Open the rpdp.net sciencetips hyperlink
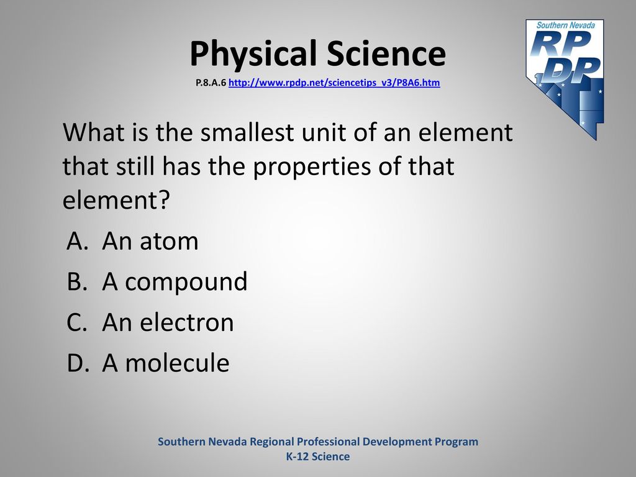pos(334,83)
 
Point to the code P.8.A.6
pos(211,83)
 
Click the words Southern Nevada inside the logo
pos(566,25)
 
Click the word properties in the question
pos(312,167)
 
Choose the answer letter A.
pos(78,241)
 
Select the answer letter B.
pos(77,281)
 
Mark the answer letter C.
pos(77,322)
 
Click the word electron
pos(187,322)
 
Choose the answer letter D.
pos(78,363)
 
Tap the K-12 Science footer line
pos(318,457)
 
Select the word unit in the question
pos(323,132)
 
